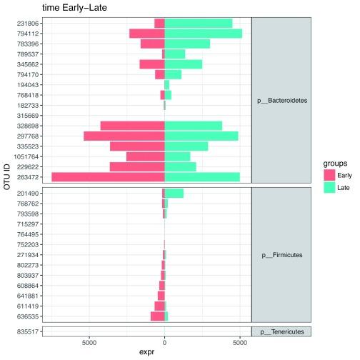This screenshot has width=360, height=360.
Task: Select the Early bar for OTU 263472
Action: [x=108, y=177]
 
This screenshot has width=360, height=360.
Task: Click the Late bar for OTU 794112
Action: [x=204, y=33]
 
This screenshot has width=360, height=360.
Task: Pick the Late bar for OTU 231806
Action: [x=199, y=23]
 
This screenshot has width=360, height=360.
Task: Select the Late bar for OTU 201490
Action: [x=174, y=193]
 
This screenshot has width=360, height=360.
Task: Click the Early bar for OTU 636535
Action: [x=157, y=316]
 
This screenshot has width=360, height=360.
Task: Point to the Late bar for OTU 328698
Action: [x=194, y=126]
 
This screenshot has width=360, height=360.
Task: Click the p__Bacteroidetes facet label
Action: [x=282, y=101]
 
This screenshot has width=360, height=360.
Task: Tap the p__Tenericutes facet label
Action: [x=282, y=331]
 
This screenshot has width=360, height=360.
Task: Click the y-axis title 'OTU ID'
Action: [x=6, y=177]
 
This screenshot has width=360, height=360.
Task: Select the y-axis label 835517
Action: [x=29, y=331]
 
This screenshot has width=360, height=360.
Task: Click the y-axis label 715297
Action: [x=29, y=224]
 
